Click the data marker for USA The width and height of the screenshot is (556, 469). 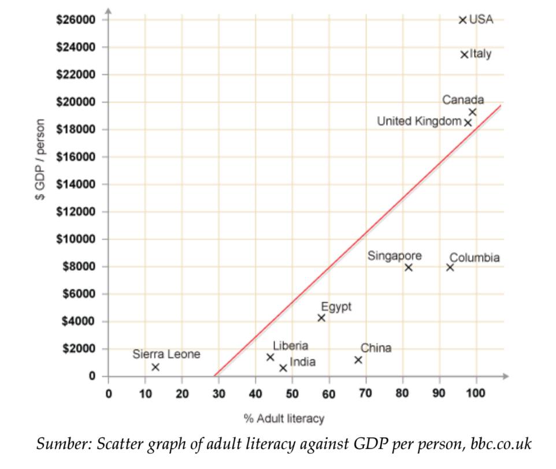pyautogui.click(x=462, y=20)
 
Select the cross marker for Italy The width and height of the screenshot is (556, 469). pyautogui.click(x=464, y=54)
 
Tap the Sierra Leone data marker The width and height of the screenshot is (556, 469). pyautogui.click(x=155, y=367)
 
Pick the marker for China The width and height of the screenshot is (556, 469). pyautogui.click(x=358, y=360)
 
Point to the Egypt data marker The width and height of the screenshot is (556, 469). pyautogui.click(x=321, y=318)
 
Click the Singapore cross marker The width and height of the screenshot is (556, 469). pyautogui.click(x=408, y=267)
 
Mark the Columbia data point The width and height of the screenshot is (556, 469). pyautogui.click(x=450, y=267)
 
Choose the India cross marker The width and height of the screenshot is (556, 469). pyautogui.click(x=283, y=368)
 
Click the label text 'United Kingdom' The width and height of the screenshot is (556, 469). pyautogui.click(x=419, y=121)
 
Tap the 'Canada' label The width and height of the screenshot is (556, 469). pyautogui.click(x=463, y=100)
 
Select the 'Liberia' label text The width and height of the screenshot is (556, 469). pyautogui.click(x=290, y=345)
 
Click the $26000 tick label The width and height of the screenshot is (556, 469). pyautogui.click(x=75, y=20)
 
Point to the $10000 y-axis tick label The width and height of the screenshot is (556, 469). pyautogui.click(x=75, y=239)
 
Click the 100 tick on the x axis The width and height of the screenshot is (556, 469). pyautogui.click(x=476, y=394)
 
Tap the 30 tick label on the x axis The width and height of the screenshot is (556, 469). pyautogui.click(x=218, y=394)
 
